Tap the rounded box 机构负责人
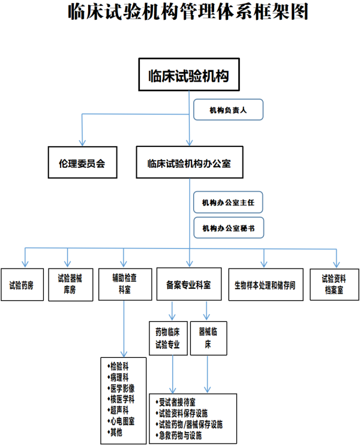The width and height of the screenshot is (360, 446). (228, 110)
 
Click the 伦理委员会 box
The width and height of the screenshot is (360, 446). (82, 162)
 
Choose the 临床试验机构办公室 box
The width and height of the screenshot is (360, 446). (189, 162)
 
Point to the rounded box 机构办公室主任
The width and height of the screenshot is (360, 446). (228, 202)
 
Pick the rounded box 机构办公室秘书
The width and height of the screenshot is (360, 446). (228, 228)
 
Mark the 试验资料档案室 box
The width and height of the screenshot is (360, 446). (334, 284)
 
